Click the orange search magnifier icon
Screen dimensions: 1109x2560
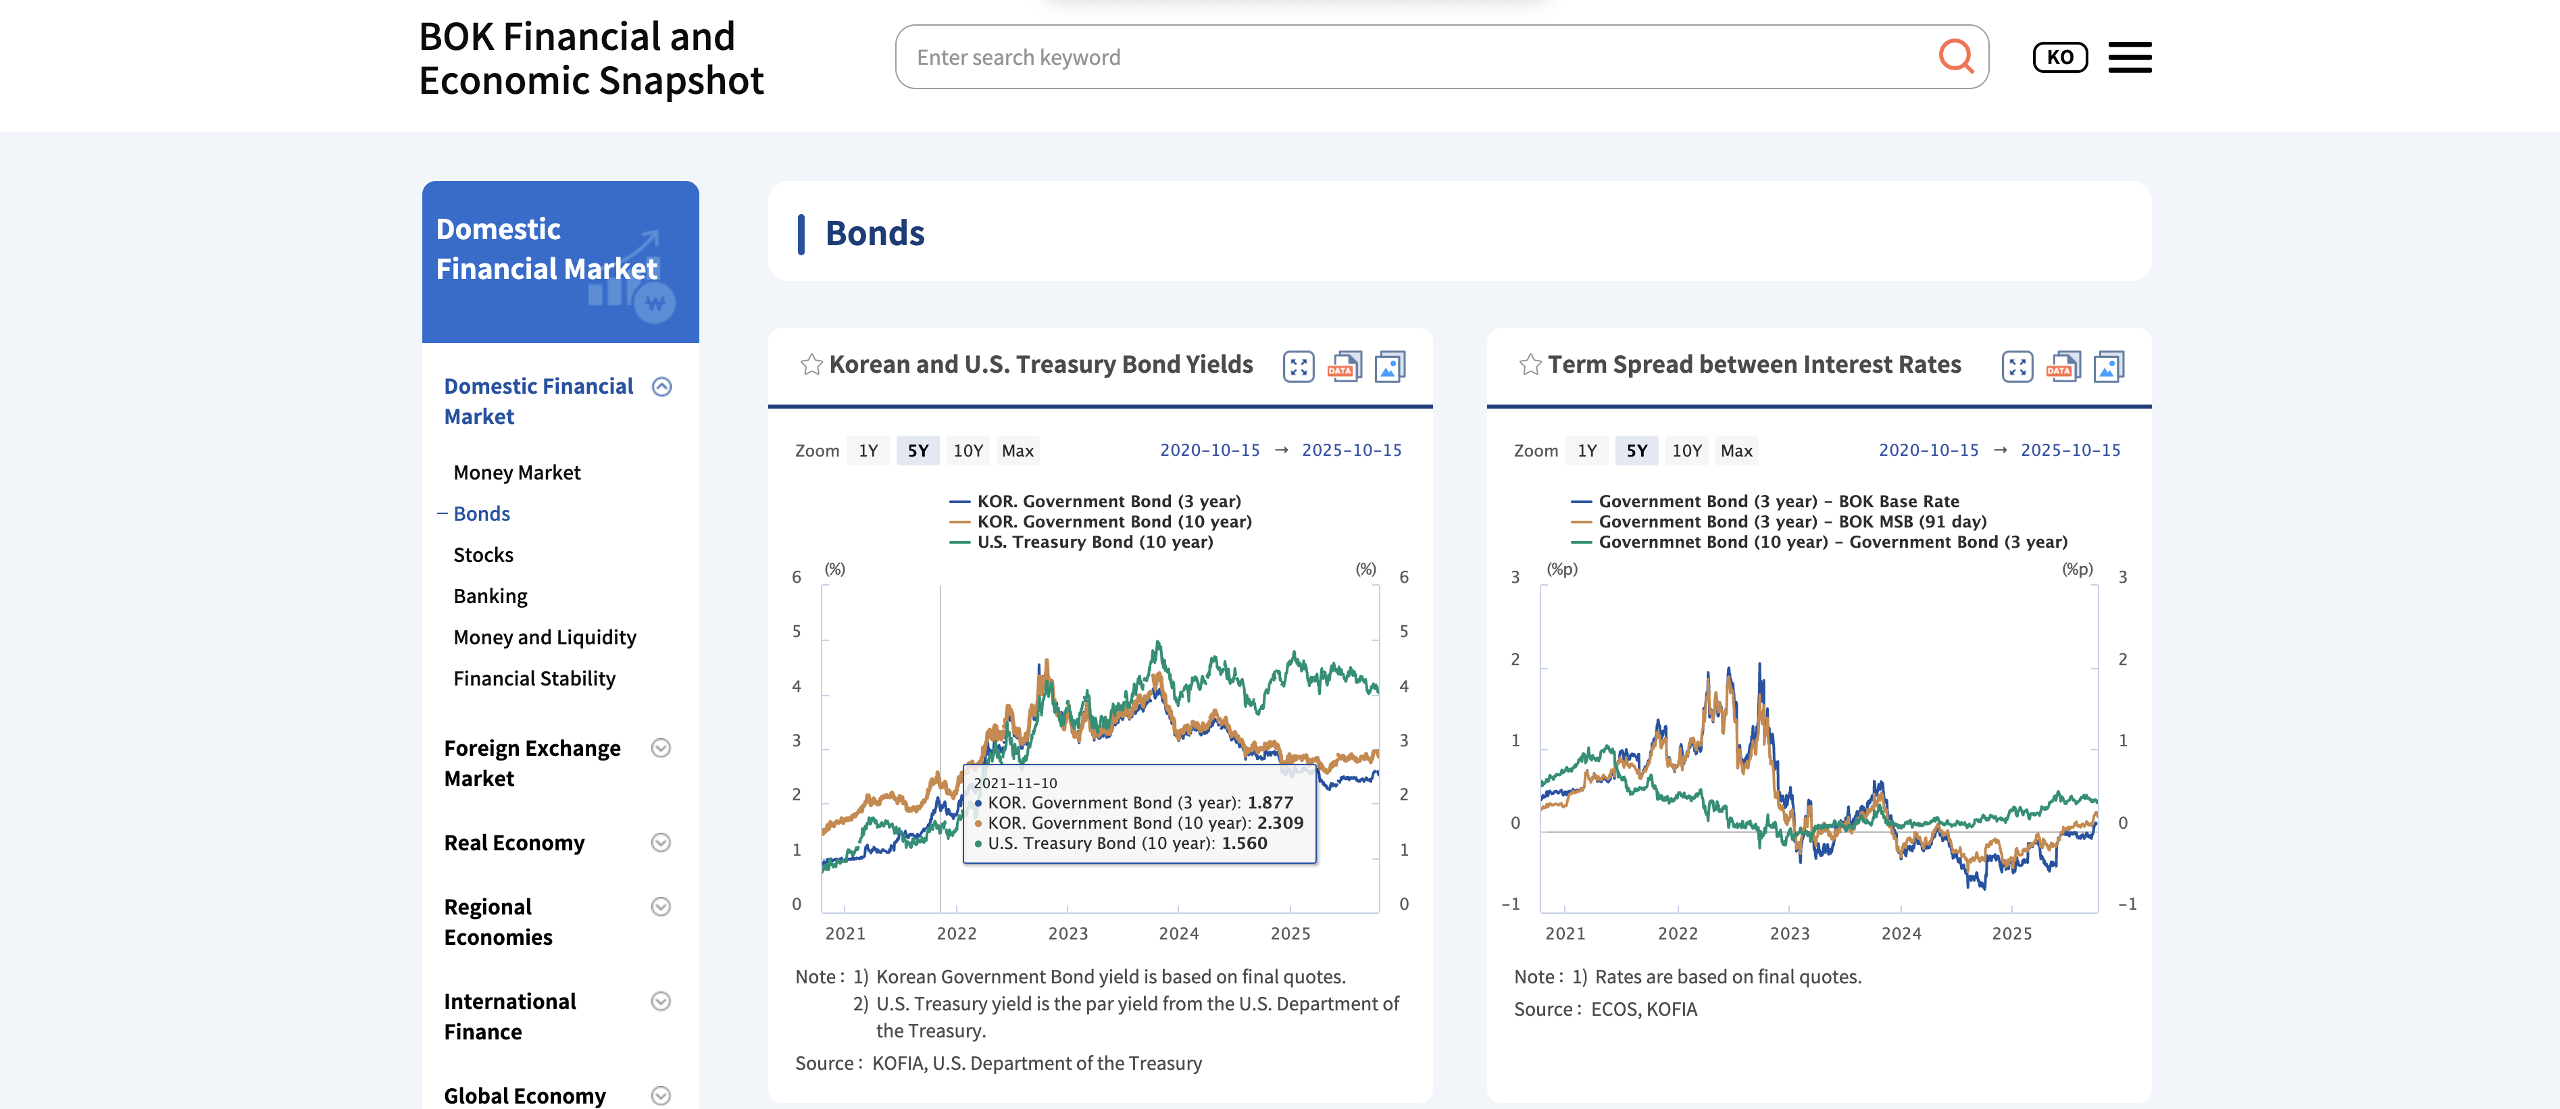pyautogui.click(x=1955, y=57)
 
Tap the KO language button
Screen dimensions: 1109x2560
pyautogui.click(x=2059, y=57)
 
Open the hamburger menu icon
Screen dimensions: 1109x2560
pyautogui.click(x=2129, y=57)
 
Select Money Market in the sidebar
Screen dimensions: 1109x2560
pyautogui.click(x=517, y=472)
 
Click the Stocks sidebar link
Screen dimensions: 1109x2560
pyautogui.click(x=483, y=554)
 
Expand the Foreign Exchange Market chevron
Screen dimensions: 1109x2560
pyautogui.click(x=661, y=748)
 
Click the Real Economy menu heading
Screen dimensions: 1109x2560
pyautogui.click(x=513, y=843)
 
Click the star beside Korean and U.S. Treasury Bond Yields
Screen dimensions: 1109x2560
pyautogui.click(x=811, y=365)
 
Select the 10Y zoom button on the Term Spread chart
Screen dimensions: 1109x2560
pyautogui.click(x=1686, y=450)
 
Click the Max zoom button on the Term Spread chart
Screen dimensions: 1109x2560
pyautogui.click(x=1736, y=450)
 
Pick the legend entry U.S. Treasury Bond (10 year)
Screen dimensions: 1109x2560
pyautogui.click(x=1094, y=542)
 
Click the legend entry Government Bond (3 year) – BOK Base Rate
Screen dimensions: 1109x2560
pyautogui.click(x=1778, y=501)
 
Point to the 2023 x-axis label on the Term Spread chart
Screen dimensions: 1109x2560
pyautogui.click(x=1789, y=933)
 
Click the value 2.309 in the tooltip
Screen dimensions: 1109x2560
pyautogui.click(x=1280, y=823)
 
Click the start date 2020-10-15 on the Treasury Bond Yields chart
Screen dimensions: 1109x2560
pyautogui.click(x=1209, y=450)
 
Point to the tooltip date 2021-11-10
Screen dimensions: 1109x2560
pyautogui.click(x=1015, y=783)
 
